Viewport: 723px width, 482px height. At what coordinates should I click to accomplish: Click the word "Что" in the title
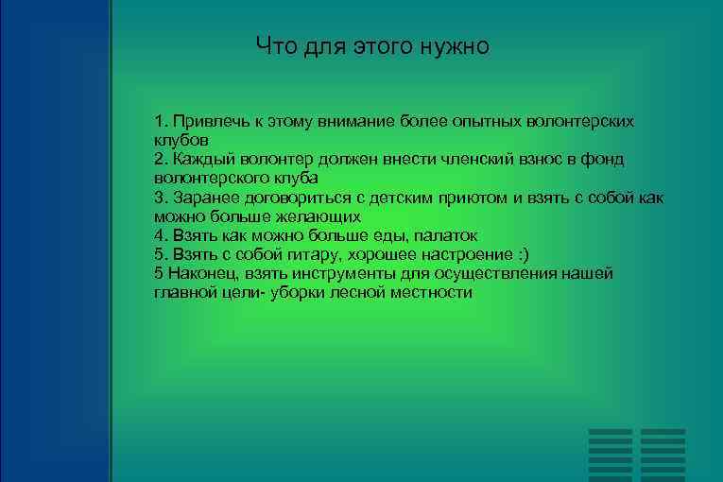[x=274, y=46]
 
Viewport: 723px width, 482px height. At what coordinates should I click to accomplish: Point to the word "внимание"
[x=363, y=123]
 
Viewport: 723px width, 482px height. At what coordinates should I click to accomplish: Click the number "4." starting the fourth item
[x=160, y=234]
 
